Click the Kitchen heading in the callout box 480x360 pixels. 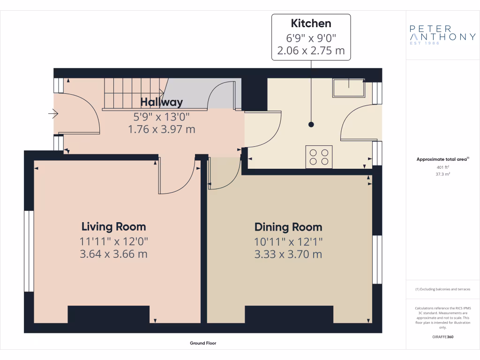(311, 23)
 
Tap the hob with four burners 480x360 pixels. (319, 156)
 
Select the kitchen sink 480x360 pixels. (349, 87)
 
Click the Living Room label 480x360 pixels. (114, 227)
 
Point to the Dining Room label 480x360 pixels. (288, 227)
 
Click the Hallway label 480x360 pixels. (162, 102)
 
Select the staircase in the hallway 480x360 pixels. (133, 93)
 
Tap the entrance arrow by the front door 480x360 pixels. (53, 113)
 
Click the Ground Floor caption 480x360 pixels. (203, 343)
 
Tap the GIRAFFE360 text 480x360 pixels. (442, 337)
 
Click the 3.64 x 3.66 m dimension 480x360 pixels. (114, 255)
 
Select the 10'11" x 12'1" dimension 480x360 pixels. (288, 242)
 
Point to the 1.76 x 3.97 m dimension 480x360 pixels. (162, 129)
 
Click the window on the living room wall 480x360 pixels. (29, 251)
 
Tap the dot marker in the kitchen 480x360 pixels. (311, 125)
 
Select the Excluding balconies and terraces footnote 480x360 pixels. (442, 289)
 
